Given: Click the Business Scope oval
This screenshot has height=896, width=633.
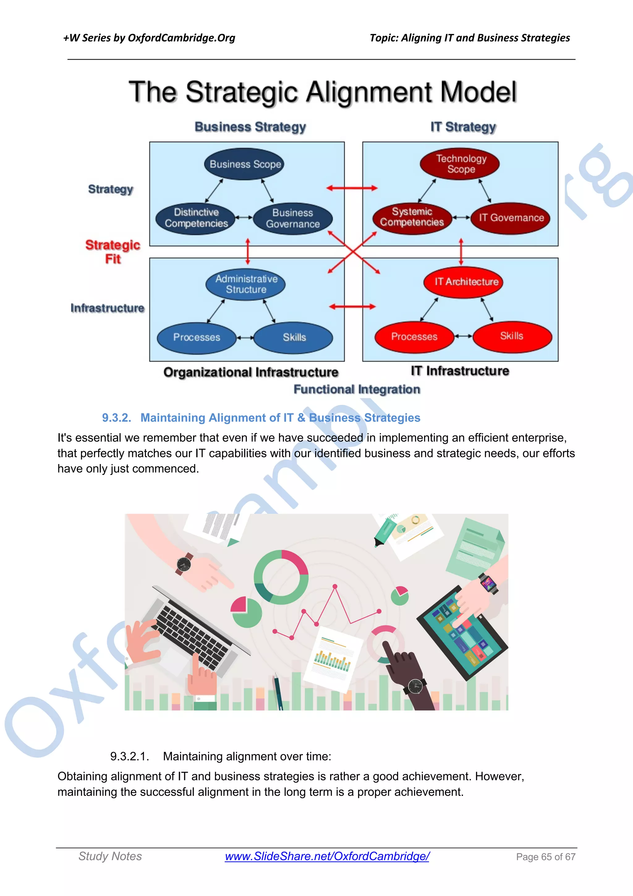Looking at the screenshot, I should [245, 164].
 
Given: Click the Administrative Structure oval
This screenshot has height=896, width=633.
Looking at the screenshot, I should [246, 284].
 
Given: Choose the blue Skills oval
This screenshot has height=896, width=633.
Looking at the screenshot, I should [294, 337].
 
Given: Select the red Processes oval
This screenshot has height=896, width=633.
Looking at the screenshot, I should [414, 336].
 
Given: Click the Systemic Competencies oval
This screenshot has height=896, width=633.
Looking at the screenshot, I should [412, 217].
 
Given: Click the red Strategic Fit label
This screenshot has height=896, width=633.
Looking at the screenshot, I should [113, 252].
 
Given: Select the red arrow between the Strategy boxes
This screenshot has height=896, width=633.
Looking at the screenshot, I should [352, 188].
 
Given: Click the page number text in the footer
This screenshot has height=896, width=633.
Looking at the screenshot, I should [545, 857].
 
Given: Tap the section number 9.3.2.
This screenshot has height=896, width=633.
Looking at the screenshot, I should [116, 418].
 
